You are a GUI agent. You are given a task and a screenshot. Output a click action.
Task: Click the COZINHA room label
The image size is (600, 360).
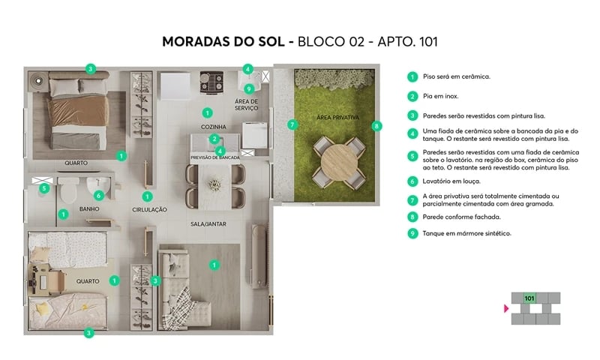(214, 127)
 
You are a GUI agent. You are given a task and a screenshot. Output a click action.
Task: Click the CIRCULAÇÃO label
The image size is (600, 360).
(149, 209)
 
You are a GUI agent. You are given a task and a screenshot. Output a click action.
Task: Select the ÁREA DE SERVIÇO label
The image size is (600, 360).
(246, 105)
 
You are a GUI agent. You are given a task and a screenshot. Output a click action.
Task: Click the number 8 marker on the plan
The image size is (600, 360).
(376, 125)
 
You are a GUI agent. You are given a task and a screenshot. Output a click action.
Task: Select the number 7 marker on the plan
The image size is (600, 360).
(290, 124)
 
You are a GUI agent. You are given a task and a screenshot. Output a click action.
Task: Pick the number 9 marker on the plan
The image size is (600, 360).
(248, 88)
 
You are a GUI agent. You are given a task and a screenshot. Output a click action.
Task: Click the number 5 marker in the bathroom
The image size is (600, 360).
(44, 188)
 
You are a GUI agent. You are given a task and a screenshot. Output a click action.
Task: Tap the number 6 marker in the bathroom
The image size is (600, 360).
(97, 195)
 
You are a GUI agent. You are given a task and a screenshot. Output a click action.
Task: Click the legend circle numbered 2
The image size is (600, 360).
(412, 96)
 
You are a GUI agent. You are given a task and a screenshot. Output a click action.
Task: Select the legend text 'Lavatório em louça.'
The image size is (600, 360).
(448, 181)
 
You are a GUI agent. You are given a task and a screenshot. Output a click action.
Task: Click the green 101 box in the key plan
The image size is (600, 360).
(529, 298)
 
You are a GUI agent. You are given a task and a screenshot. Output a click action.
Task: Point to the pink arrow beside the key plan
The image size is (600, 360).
(505, 307)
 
